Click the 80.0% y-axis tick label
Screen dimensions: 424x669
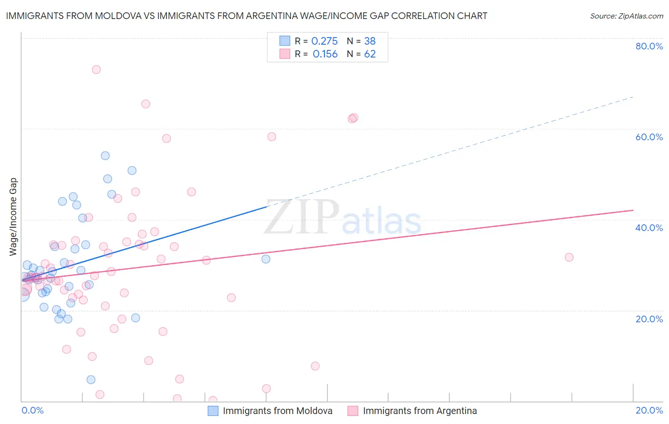click(x=649, y=46)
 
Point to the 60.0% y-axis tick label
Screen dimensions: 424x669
click(x=649, y=137)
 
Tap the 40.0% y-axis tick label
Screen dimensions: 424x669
click(x=649, y=228)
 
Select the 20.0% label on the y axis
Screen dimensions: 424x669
click(x=649, y=319)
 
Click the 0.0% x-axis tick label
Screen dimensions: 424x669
click(x=32, y=410)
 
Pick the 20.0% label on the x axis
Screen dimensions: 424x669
click(x=649, y=410)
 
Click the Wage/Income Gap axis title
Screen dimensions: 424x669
click(x=13, y=217)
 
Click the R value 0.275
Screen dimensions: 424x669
click(x=325, y=41)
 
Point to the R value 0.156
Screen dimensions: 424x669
click(x=325, y=54)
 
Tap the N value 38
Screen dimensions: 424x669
click(x=370, y=41)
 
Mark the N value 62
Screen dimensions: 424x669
click(x=370, y=54)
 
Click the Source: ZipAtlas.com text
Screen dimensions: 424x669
click(x=626, y=16)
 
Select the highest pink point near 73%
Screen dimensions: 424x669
click(x=96, y=69)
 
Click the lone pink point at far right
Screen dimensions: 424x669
click(x=569, y=257)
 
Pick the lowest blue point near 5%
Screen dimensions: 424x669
click(x=91, y=379)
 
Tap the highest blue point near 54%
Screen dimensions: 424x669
click(x=105, y=155)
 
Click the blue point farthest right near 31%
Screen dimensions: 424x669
click(x=266, y=259)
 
